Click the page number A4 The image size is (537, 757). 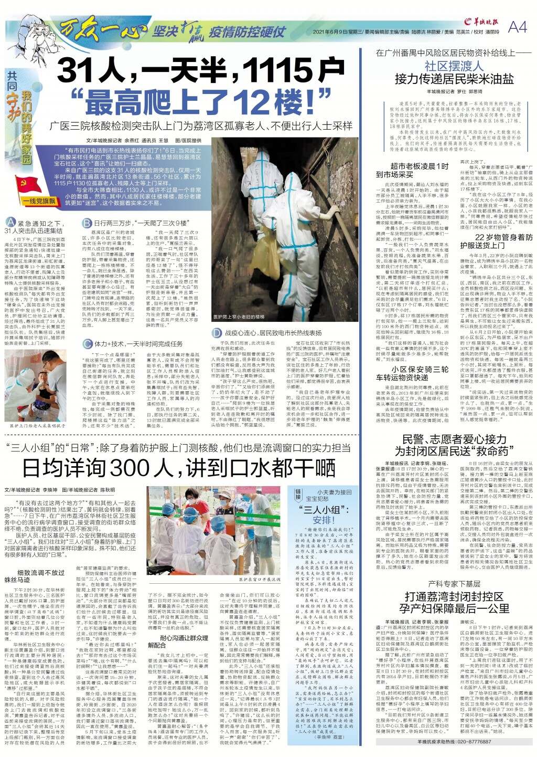[518, 27]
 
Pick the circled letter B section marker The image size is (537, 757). [88, 223]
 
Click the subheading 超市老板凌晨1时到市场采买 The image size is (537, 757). [412, 170]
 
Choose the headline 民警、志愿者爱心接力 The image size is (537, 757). [454, 438]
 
